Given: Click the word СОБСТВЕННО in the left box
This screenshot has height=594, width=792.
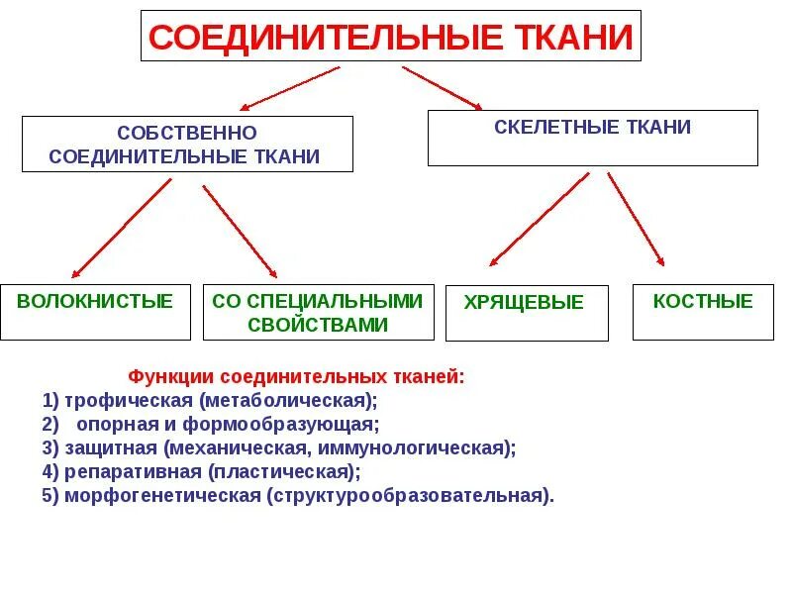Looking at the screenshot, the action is [x=187, y=133].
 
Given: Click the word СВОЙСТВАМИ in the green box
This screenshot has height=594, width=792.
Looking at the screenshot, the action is [x=318, y=324].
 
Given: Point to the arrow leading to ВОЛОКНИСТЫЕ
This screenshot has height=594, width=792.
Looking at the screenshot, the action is [x=121, y=229].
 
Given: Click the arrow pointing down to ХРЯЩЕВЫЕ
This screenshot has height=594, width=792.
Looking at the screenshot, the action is [x=541, y=220].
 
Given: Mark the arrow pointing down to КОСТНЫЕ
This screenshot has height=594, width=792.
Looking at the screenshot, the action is [x=636, y=220].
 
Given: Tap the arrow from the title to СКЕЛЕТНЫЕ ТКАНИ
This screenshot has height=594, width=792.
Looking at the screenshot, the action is [x=442, y=87].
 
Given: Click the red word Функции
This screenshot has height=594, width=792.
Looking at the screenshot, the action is [x=171, y=377].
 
